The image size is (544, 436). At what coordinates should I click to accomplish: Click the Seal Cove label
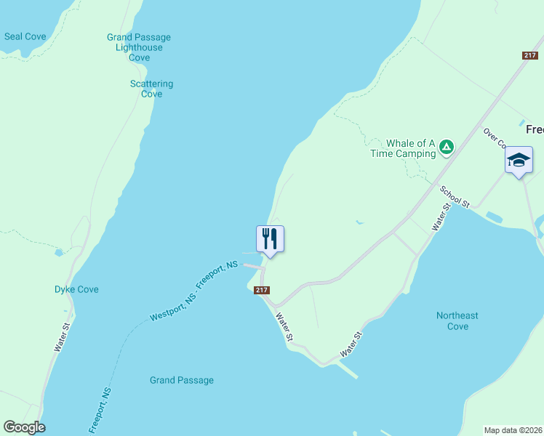[25, 36]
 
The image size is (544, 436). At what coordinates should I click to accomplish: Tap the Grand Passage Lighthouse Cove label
[139, 47]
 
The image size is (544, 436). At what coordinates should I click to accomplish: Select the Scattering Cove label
[151, 89]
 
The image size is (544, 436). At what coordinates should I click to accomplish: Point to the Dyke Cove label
[76, 289]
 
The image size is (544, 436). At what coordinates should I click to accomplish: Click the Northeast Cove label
[457, 320]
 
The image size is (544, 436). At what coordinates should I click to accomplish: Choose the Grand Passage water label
[182, 380]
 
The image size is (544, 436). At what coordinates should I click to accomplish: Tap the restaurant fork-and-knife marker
[270, 239]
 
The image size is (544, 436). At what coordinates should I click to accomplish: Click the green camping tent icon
[447, 148]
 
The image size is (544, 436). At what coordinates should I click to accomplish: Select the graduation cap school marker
[519, 160]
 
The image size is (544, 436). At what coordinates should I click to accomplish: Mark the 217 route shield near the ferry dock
[263, 290]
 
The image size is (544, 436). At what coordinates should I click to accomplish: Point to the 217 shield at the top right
[529, 56]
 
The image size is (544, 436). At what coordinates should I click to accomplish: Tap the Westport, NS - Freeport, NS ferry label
[194, 291]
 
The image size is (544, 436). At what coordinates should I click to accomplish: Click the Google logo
[24, 427]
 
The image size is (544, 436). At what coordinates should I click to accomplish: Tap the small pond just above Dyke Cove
[58, 253]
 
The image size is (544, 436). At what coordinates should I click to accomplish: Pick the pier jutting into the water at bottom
[348, 370]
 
